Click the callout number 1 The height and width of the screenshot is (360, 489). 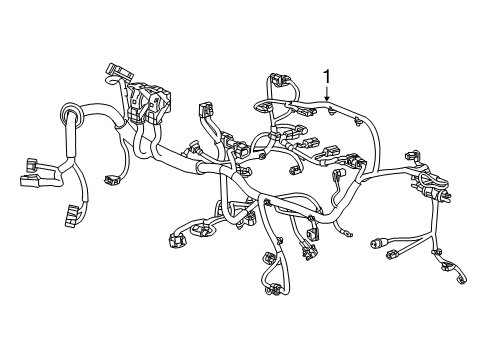[326, 76]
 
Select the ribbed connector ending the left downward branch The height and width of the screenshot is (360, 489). [71, 215]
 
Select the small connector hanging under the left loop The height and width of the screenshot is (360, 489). [113, 180]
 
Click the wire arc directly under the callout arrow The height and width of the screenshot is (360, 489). [326, 107]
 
